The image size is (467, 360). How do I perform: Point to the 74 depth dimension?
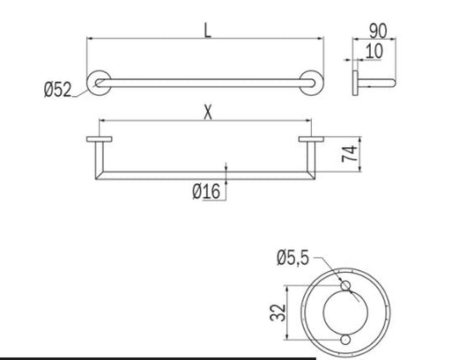tap(351, 156)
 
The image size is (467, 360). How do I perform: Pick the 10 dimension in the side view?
tap(374, 51)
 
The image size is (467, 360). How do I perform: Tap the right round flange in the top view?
tap(311, 81)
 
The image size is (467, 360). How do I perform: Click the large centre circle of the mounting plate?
tap(345, 313)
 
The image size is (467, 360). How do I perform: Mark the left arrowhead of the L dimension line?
tap(89, 39)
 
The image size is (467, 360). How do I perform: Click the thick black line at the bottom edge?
tap(159, 358)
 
